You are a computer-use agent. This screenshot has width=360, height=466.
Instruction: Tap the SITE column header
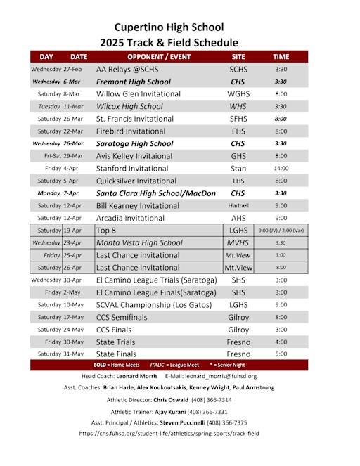pos(239,56)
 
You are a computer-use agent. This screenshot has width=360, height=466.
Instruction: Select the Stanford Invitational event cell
pos(136,168)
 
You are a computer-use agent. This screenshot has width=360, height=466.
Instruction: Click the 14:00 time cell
pos(281,168)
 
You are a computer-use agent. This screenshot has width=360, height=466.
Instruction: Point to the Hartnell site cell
pos(238,205)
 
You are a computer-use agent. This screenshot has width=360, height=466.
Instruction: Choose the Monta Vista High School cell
pos(139,242)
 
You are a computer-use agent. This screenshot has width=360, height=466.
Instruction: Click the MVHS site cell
pos(238,242)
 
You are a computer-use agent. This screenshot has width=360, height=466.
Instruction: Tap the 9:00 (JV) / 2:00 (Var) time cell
pos(281,230)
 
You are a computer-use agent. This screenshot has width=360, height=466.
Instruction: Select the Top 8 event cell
pos(106,230)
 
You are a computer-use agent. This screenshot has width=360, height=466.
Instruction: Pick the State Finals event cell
pos(116,354)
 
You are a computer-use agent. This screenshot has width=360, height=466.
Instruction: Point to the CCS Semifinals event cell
pos(122,317)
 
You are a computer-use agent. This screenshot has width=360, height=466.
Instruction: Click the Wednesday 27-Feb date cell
pos(57,70)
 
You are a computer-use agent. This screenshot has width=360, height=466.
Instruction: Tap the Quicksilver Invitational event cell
pos(136,181)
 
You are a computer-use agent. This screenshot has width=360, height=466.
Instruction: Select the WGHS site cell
pos(238,93)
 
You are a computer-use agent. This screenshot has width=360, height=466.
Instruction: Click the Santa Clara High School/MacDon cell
pos(155,193)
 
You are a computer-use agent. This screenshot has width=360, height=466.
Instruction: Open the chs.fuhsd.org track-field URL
pos(169,434)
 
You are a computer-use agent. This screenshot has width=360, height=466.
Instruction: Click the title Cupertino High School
pos(169,27)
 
